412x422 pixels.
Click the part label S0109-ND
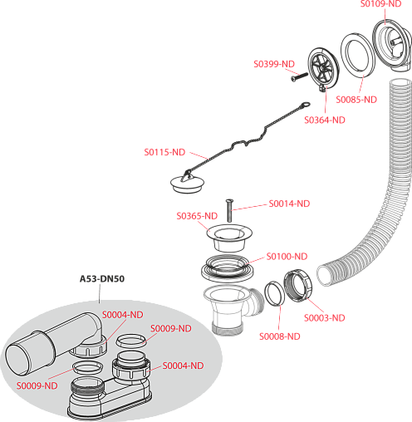click(x=380, y=4)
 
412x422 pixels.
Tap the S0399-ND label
click(x=274, y=64)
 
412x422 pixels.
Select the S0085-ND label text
click(x=356, y=100)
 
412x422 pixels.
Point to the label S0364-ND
click(x=325, y=120)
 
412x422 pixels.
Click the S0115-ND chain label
click(x=164, y=152)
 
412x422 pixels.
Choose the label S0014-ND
click(x=289, y=204)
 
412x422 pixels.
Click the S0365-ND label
click(x=197, y=216)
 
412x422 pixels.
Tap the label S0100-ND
click(x=287, y=256)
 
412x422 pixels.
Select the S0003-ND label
click(x=325, y=317)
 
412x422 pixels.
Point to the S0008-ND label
click(x=280, y=336)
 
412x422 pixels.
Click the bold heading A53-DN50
click(x=102, y=278)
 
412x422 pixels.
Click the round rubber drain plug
click(x=187, y=184)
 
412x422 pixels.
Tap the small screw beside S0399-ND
click(x=300, y=76)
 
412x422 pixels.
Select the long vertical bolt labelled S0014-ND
click(x=229, y=210)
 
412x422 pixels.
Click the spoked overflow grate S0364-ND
click(x=323, y=69)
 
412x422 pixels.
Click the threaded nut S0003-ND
click(x=298, y=285)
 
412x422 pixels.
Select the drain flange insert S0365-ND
click(x=229, y=238)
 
